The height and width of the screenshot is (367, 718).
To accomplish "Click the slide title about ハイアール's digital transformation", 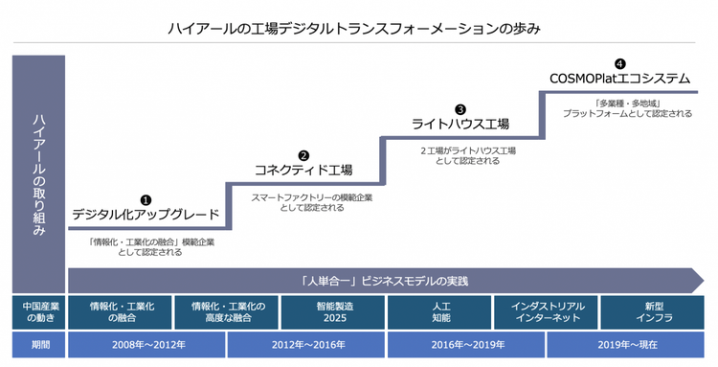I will [359, 28].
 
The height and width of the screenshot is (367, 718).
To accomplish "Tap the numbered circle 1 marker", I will [146, 199].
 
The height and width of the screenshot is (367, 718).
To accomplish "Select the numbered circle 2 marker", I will [303, 154].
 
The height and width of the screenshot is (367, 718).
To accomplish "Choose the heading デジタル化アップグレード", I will [146, 215].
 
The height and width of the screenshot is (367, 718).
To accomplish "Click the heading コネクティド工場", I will [303, 170].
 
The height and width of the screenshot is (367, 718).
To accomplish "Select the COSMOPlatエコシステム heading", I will [620, 78].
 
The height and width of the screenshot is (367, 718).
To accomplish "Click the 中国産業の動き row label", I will [38, 311].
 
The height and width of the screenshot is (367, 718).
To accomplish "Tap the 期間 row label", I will [38, 344].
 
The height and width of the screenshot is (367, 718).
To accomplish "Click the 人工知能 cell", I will [440, 311].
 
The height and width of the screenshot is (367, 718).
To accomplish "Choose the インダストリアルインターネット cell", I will [548, 311].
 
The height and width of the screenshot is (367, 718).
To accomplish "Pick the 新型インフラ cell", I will [653, 311].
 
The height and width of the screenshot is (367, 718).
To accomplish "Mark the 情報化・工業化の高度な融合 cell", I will [229, 311].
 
